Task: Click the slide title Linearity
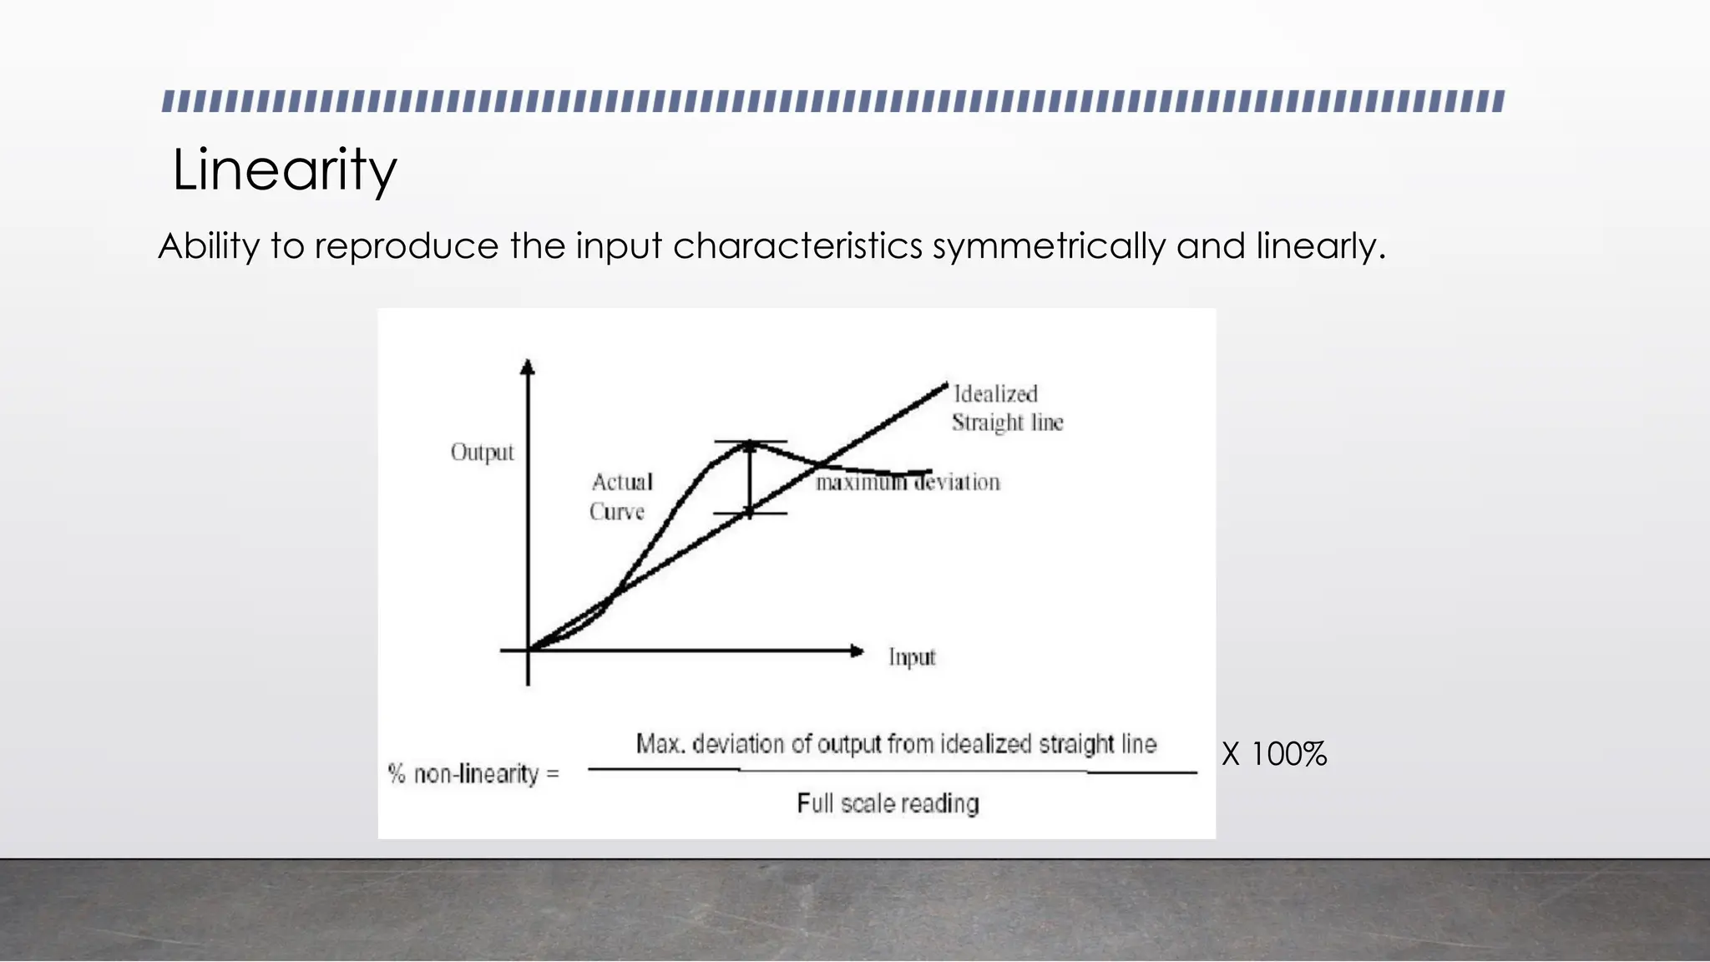coord(284,170)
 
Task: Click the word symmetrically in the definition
coord(1048,246)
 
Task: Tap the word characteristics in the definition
coord(797,246)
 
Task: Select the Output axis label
coord(482,453)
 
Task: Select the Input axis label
coord(912,657)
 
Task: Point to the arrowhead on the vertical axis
coord(527,367)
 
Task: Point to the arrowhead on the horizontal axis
coord(856,651)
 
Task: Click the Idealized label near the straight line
coord(995,394)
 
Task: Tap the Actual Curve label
coord(620,496)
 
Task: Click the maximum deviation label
coord(908,483)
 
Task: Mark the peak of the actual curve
coord(749,444)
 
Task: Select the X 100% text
coord(1274,754)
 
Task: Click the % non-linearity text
coord(473,774)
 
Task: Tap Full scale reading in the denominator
coord(888,803)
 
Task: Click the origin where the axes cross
coord(528,650)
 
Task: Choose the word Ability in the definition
coord(209,246)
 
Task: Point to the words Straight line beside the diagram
coord(1007,423)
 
